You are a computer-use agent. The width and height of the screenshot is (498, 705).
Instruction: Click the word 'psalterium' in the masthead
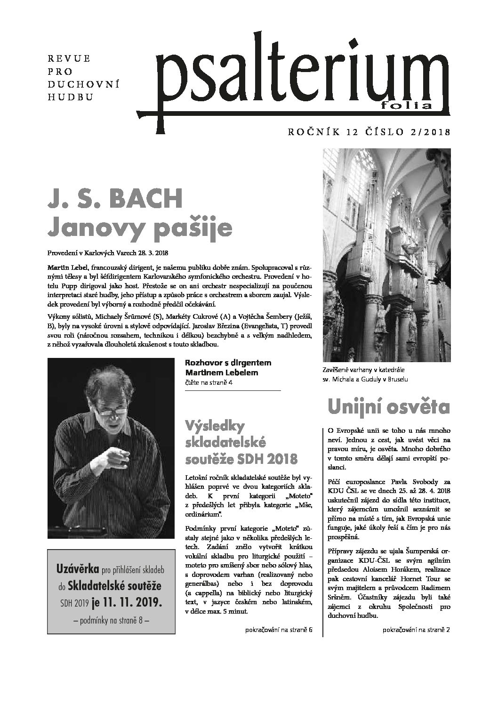301,80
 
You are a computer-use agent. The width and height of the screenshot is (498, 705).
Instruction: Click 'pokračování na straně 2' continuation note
416,630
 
